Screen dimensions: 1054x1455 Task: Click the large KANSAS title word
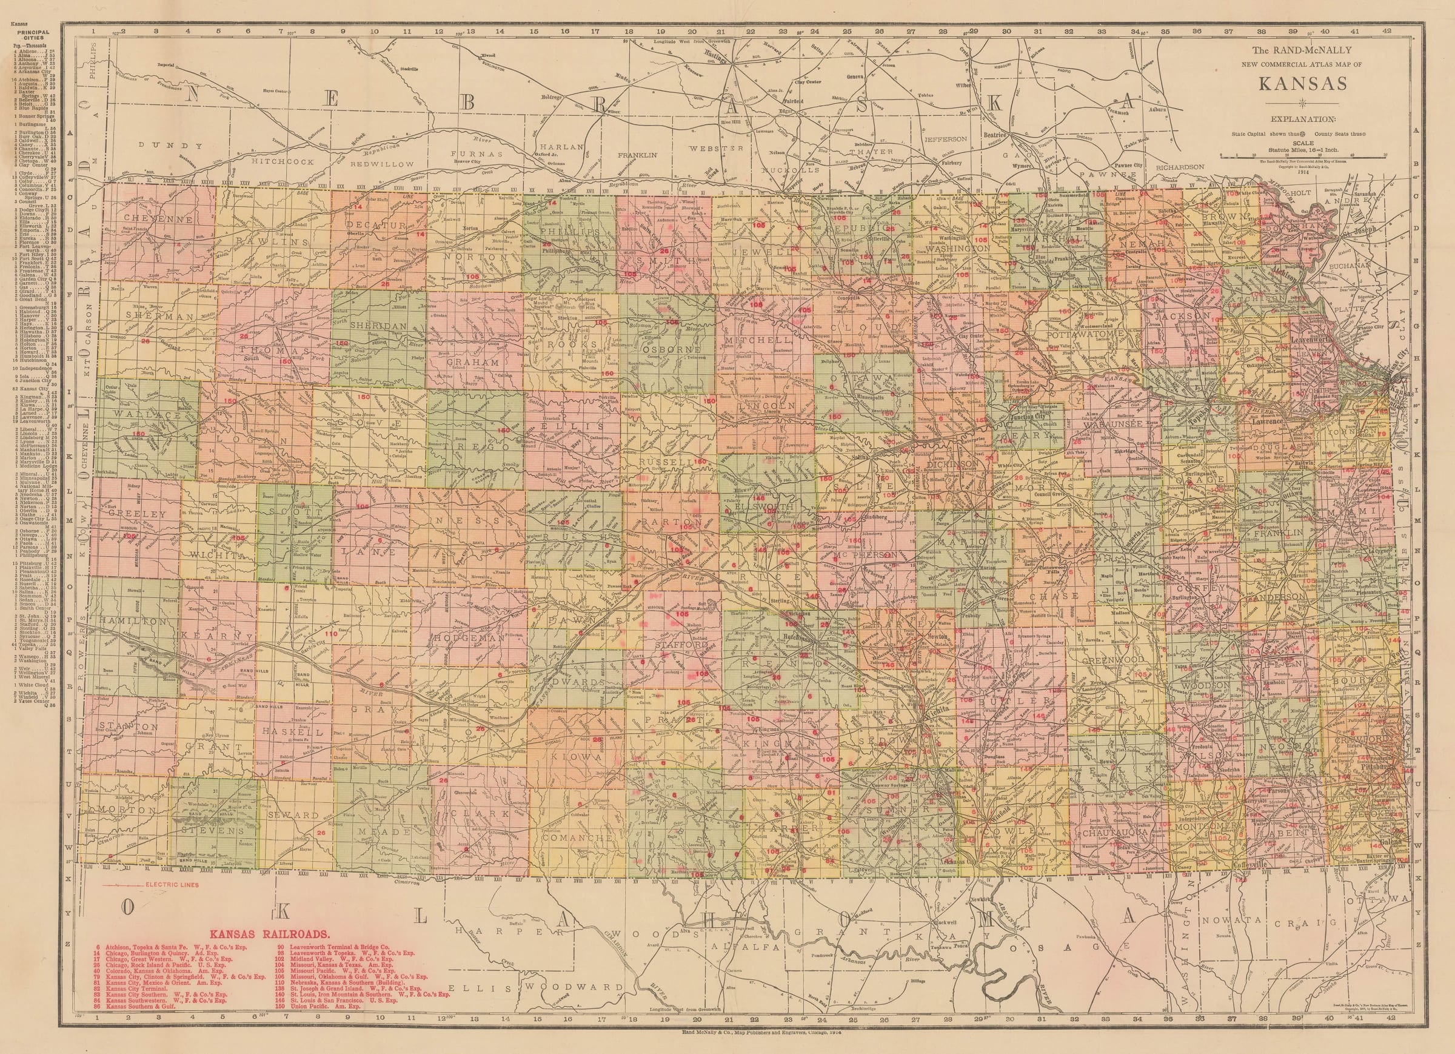pyautogui.click(x=1291, y=85)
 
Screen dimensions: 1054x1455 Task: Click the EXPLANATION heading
pyautogui.click(x=1291, y=119)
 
